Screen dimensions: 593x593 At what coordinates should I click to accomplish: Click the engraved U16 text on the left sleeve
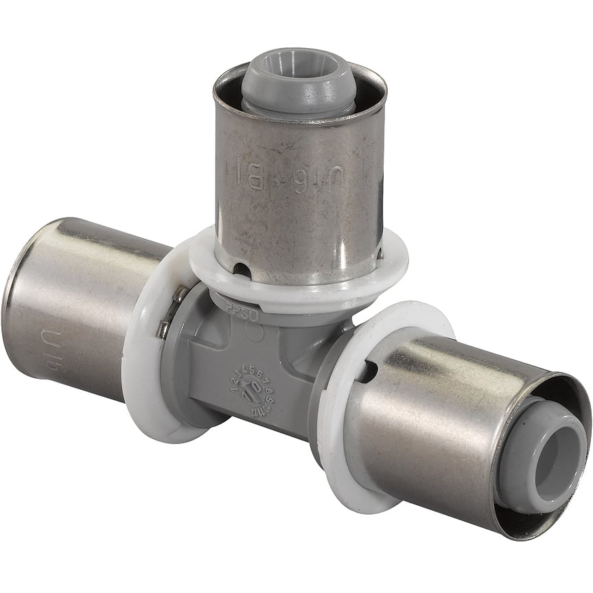click(x=65, y=349)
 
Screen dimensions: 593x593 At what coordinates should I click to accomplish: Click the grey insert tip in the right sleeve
click(x=542, y=456)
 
